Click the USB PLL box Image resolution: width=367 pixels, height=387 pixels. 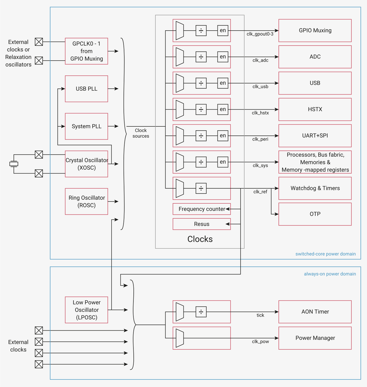(x=86, y=89)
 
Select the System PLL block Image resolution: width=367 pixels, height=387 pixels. (x=86, y=126)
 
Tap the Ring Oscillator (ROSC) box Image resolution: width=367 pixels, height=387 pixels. (x=86, y=201)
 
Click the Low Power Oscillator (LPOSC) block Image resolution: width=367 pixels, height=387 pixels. (x=86, y=310)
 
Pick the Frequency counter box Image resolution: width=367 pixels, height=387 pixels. (x=202, y=209)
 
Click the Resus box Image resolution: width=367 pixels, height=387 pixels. (x=202, y=224)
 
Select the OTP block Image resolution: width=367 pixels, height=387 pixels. (x=315, y=214)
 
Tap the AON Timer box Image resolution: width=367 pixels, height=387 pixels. (x=315, y=312)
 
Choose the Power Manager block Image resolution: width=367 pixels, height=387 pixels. (x=315, y=338)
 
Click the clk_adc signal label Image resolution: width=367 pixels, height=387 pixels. (x=260, y=60)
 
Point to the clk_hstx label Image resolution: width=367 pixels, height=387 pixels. (x=260, y=113)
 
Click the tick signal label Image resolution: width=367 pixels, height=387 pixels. (x=260, y=315)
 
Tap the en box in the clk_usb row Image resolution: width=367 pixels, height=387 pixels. (x=223, y=83)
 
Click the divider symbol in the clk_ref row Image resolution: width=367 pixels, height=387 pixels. (x=201, y=188)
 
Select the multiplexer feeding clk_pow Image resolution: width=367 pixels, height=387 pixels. (x=180, y=338)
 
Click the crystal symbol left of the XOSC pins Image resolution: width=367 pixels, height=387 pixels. (x=14, y=164)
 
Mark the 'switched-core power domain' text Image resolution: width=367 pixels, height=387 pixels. (x=326, y=254)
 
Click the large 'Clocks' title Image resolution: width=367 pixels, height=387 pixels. (x=200, y=239)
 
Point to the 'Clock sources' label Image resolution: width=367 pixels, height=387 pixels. (x=141, y=133)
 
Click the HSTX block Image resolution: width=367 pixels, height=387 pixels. (x=315, y=109)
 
